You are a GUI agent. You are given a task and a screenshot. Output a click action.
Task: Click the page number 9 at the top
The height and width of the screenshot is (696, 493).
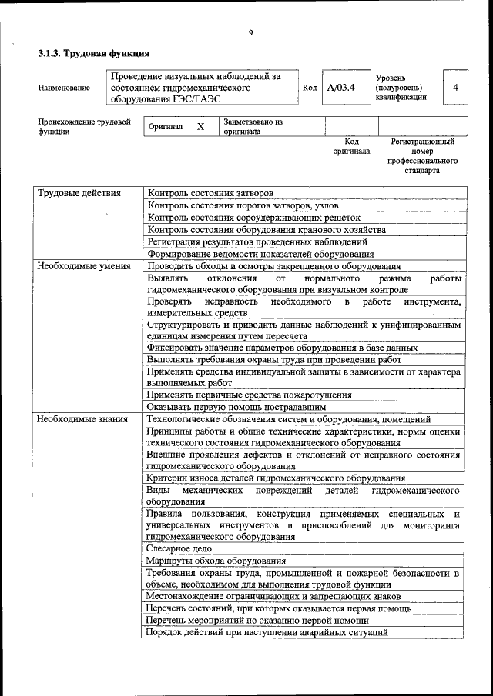click(251, 32)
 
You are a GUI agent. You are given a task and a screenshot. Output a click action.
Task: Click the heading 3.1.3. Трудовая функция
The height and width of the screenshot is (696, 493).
click(93, 54)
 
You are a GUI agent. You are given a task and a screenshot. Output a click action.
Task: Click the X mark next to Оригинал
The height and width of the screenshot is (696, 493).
click(200, 126)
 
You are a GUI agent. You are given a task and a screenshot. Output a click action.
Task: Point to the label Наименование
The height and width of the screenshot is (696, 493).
click(64, 88)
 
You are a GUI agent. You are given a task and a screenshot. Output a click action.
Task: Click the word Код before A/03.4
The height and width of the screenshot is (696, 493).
click(310, 88)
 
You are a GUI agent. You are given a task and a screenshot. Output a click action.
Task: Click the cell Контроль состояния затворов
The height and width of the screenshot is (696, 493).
click(210, 193)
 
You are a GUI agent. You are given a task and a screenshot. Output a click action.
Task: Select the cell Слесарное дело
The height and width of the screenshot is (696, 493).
click(179, 548)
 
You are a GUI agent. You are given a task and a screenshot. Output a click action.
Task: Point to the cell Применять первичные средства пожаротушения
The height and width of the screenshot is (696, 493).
click(250, 395)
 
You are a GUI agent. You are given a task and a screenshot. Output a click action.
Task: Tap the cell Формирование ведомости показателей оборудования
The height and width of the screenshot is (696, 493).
click(260, 254)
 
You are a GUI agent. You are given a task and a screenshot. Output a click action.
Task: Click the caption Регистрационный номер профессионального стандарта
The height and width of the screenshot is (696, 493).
click(422, 156)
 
